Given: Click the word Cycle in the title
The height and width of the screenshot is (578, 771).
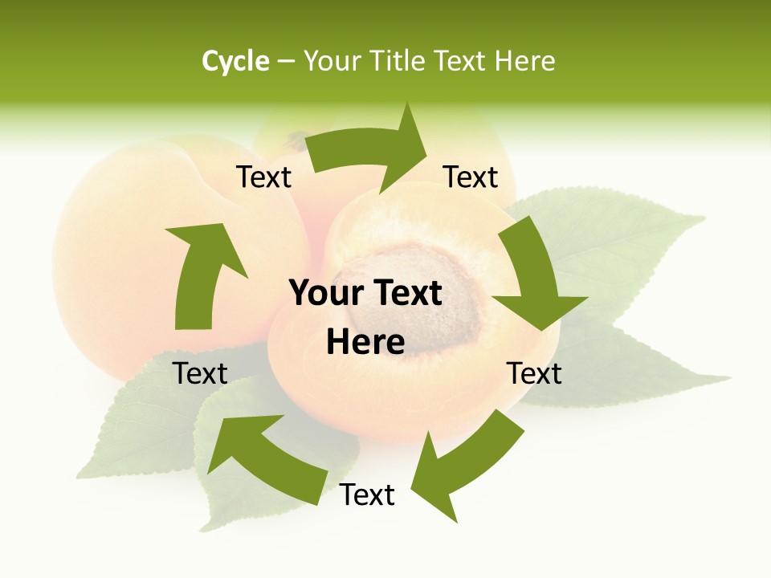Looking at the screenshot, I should coord(235,61).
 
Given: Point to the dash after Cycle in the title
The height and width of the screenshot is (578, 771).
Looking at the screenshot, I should coord(286,62).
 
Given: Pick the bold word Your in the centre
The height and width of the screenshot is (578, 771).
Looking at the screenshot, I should coord(326,294).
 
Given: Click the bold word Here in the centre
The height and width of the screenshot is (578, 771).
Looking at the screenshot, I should coord(365,343).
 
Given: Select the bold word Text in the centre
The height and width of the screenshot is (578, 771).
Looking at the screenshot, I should coord(405,294).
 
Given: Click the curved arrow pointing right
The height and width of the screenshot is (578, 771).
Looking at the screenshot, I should coord(369,150).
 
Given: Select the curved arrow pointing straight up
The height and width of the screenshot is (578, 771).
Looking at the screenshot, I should coord(202,273).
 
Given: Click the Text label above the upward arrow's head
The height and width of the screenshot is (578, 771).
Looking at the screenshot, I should coord(263,177).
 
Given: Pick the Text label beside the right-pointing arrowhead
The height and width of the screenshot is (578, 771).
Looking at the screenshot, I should coord(471,177).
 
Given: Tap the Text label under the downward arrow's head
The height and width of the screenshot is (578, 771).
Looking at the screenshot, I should coord(534,373).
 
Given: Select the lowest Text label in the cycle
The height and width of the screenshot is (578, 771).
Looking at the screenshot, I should coord(367,495).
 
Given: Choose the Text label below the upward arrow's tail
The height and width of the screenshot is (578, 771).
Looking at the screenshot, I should coord(200,373).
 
